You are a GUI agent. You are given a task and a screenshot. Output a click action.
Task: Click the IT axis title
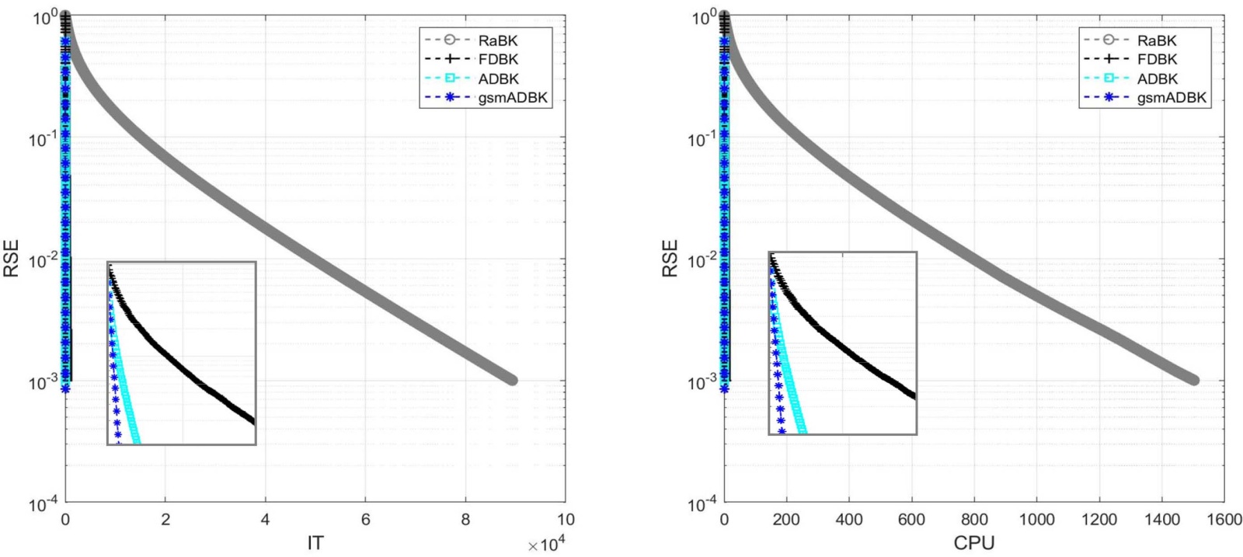(315, 543)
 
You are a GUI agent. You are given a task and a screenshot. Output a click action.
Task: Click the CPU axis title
(973, 543)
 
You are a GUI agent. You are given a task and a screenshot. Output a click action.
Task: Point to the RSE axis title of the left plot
(12, 259)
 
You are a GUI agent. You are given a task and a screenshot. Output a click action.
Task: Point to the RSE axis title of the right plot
(670, 259)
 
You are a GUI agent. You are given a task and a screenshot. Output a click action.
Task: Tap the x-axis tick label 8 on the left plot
(465, 520)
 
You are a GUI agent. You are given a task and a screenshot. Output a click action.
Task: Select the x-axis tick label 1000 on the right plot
(1036, 520)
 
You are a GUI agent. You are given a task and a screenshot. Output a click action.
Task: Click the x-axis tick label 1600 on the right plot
(1224, 520)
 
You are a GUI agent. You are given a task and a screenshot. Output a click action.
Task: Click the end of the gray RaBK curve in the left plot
(512, 380)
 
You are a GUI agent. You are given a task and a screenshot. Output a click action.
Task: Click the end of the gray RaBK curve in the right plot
(1194, 380)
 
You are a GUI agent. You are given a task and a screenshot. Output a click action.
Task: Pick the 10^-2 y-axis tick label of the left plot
(44, 260)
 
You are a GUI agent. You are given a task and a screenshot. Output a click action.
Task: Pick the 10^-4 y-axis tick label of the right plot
(702, 504)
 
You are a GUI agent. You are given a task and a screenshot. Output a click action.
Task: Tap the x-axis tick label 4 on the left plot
(265, 520)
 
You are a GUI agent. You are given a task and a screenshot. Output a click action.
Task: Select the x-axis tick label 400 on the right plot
(849, 520)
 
